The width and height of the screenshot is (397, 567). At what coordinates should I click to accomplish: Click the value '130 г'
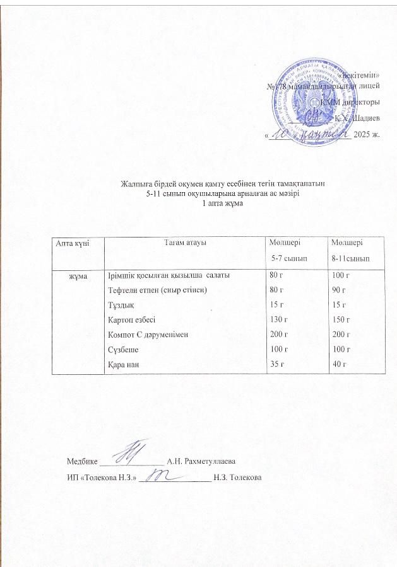click(279, 319)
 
